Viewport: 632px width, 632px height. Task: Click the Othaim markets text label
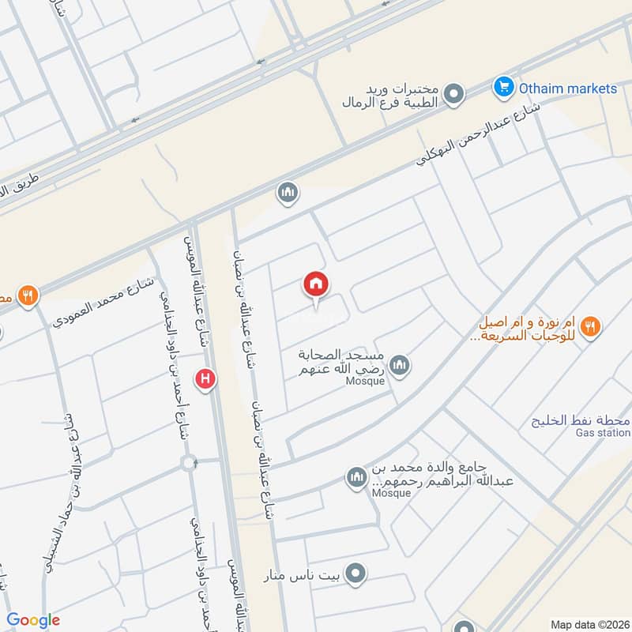(x=567, y=88)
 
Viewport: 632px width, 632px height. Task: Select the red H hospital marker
(x=206, y=380)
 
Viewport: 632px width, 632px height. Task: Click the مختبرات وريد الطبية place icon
(x=453, y=96)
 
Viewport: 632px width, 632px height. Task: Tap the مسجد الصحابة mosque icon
(x=400, y=365)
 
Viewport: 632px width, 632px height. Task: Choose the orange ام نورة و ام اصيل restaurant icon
(x=590, y=325)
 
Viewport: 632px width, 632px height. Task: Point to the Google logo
(x=33, y=620)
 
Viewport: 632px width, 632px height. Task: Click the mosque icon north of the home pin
(x=286, y=192)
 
